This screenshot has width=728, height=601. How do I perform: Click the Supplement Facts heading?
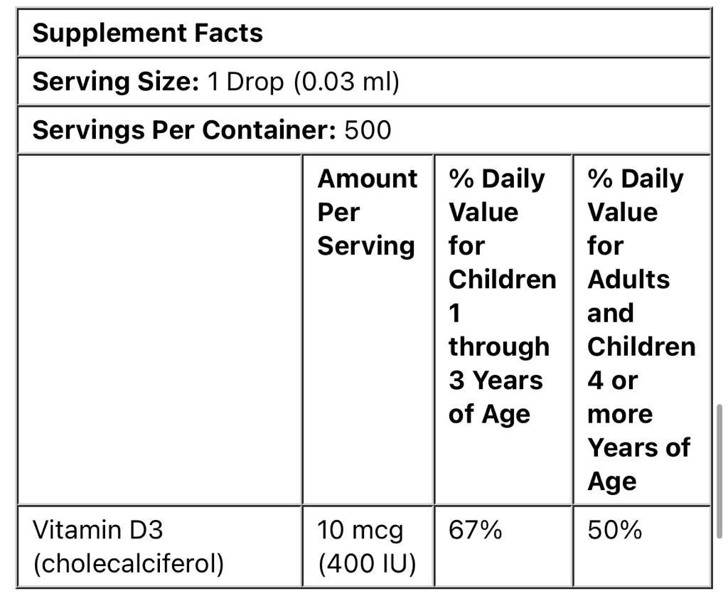pyautogui.click(x=147, y=33)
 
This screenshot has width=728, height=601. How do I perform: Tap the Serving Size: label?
pyautogui.click(x=116, y=82)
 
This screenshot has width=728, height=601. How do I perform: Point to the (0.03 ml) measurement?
pyautogui.click(x=347, y=82)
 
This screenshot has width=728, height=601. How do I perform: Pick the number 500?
pyautogui.click(x=368, y=129)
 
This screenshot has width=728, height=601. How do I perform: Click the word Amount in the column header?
pyautogui.click(x=367, y=179)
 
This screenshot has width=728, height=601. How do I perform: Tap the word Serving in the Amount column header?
pyautogui.click(x=365, y=245)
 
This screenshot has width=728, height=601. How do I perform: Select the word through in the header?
pyautogui.click(x=498, y=346)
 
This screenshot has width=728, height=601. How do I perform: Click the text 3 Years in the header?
pyautogui.click(x=496, y=380)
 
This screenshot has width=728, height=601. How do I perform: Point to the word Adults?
pyautogui.click(x=628, y=279)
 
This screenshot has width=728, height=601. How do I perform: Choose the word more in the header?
pyautogui.click(x=620, y=413)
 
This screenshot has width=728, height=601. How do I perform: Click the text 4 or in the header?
pyautogui.click(x=612, y=380)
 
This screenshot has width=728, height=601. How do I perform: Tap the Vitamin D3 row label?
pyautogui.click(x=98, y=530)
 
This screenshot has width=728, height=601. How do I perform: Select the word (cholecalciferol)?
pyautogui.click(x=128, y=563)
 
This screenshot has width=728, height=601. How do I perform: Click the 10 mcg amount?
pyautogui.click(x=360, y=530)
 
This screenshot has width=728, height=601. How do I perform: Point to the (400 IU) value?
pyautogui.click(x=366, y=563)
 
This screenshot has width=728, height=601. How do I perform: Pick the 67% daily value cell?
pyautogui.click(x=475, y=530)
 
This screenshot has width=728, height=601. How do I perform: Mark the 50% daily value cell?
pyautogui.click(x=614, y=530)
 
